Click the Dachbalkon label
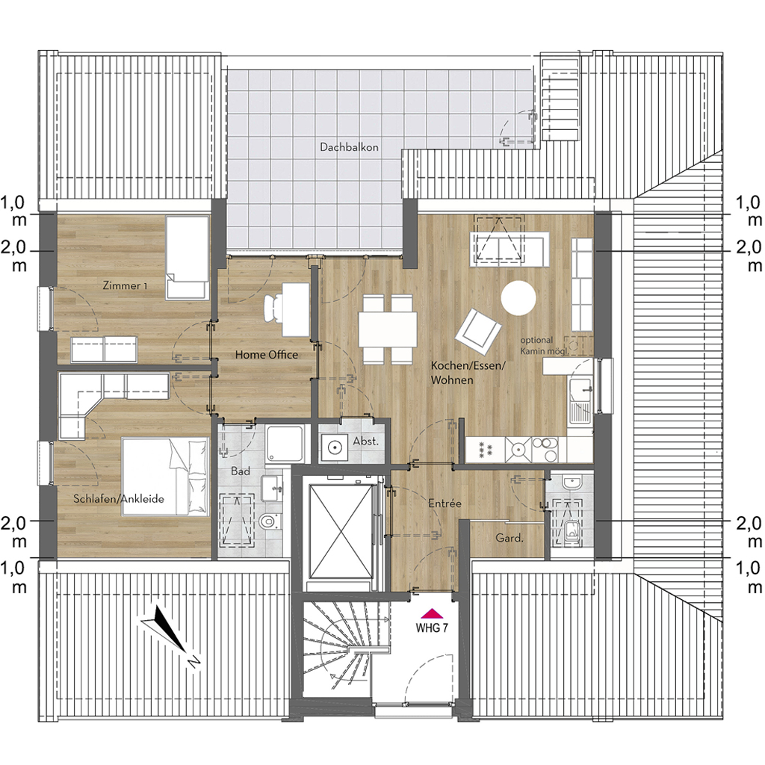click(x=349, y=147)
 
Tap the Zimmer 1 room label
click(x=125, y=285)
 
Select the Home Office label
click(x=267, y=355)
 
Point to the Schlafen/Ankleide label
click(x=119, y=498)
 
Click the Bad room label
click(x=240, y=471)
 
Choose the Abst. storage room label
click(x=366, y=441)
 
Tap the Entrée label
click(x=445, y=503)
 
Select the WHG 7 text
click(x=431, y=628)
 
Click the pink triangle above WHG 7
click(x=432, y=614)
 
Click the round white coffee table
click(x=518, y=298)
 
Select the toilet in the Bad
click(x=269, y=521)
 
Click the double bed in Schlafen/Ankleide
click(x=165, y=476)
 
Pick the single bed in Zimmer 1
click(x=187, y=257)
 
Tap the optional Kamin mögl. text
click(x=543, y=345)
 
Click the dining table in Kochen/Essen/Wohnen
click(x=388, y=329)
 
